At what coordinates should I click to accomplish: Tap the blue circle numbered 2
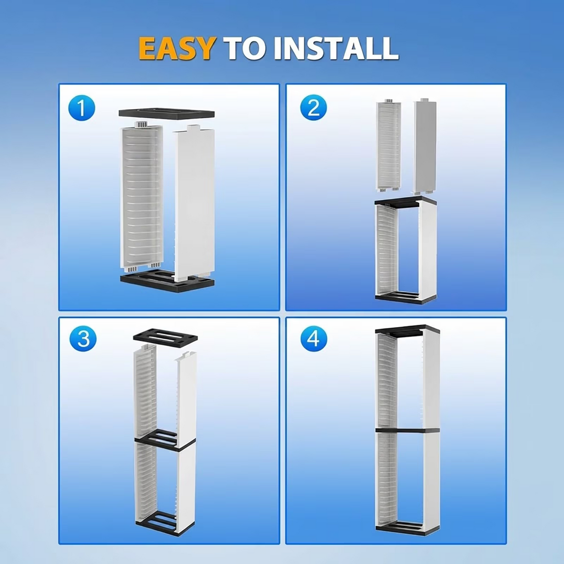[x=313, y=108]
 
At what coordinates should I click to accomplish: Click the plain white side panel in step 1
[x=194, y=204]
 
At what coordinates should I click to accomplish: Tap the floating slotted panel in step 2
[x=388, y=145]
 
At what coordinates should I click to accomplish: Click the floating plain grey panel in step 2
[x=425, y=145]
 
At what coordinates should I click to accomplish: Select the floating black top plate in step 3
[x=165, y=337]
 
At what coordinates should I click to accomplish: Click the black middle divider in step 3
[x=165, y=441]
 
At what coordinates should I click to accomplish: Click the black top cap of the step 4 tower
[x=407, y=329]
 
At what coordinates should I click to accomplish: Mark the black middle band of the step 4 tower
[x=407, y=430]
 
